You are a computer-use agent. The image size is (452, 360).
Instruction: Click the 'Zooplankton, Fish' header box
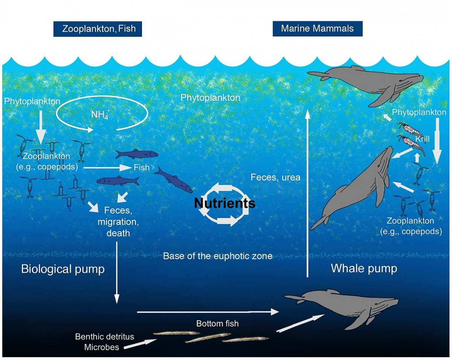coord(98,29)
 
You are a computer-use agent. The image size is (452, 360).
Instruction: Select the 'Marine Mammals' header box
coord(317,29)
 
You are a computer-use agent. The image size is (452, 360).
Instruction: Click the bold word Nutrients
coord(224,204)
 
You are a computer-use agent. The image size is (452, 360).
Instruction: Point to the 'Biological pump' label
coord(63,269)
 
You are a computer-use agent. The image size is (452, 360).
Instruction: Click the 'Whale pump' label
coord(364,268)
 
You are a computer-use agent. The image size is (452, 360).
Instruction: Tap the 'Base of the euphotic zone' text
coord(217,256)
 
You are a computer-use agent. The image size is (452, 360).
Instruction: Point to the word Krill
coord(422,139)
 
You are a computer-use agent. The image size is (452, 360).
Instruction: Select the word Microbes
coord(102,347)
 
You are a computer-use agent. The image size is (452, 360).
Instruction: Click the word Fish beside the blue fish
coord(142,167)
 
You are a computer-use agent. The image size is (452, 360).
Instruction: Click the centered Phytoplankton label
coord(210,98)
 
